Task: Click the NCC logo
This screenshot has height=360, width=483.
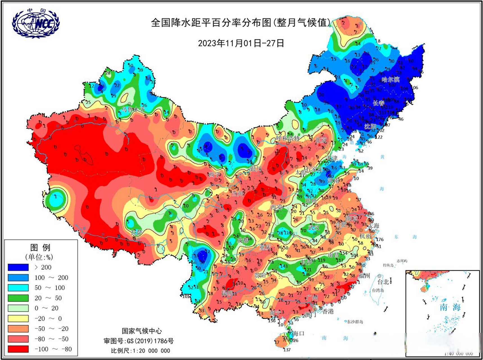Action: click(x=36, y=24)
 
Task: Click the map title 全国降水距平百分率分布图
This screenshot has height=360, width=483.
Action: click(x=211, y=22)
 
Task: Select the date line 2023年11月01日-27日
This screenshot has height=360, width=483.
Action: click(x=241, y=43)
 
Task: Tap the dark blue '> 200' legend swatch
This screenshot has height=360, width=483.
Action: click(x=18, y=267)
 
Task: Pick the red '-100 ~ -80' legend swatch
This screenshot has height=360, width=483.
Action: click(x=18, y=349)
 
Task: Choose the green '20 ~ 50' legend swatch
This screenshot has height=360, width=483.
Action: click(x=18, y=298)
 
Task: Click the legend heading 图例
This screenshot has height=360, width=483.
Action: click(x=40, y=247)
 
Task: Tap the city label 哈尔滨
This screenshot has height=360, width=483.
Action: click(x=390, y=80)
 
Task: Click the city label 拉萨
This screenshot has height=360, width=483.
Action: click(x=137, y=232)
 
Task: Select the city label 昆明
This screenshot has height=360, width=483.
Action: click(x=227, y=293)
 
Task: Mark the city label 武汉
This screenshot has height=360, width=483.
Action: click(x=314, y=227)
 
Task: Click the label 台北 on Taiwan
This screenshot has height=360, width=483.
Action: click(x=383, y=282)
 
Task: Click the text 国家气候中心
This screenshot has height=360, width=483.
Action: click(x=142, y=331)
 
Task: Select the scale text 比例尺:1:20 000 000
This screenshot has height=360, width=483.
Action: click(x=140, y=350)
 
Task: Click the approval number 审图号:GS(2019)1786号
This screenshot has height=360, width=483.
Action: click(x=139, y=341)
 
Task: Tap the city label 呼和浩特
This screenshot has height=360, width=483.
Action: click(x=288, y=138)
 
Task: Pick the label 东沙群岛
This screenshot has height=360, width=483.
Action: click(x=355, y=322)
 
